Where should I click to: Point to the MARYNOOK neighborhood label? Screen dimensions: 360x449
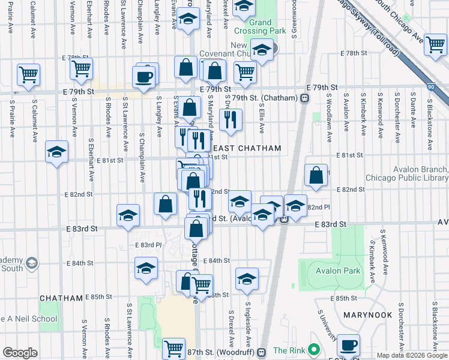click(367, 314)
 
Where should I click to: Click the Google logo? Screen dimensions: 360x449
click(20, 353)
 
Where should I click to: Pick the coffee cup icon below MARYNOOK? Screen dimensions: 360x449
click(348, 345)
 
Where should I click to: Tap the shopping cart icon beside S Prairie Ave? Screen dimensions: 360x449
click(28, 74)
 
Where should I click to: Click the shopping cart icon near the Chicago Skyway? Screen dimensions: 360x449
click(435, 44)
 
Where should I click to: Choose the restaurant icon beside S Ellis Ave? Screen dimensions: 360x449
click(231, 119)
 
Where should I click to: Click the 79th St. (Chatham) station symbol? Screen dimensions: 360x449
click(305, 98)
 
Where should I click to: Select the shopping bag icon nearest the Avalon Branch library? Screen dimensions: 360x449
click(316, 175)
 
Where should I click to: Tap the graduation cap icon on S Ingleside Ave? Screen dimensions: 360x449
click(246, 278)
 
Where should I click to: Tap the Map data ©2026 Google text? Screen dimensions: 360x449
click(412, 355)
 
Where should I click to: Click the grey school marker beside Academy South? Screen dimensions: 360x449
click(32, 263)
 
